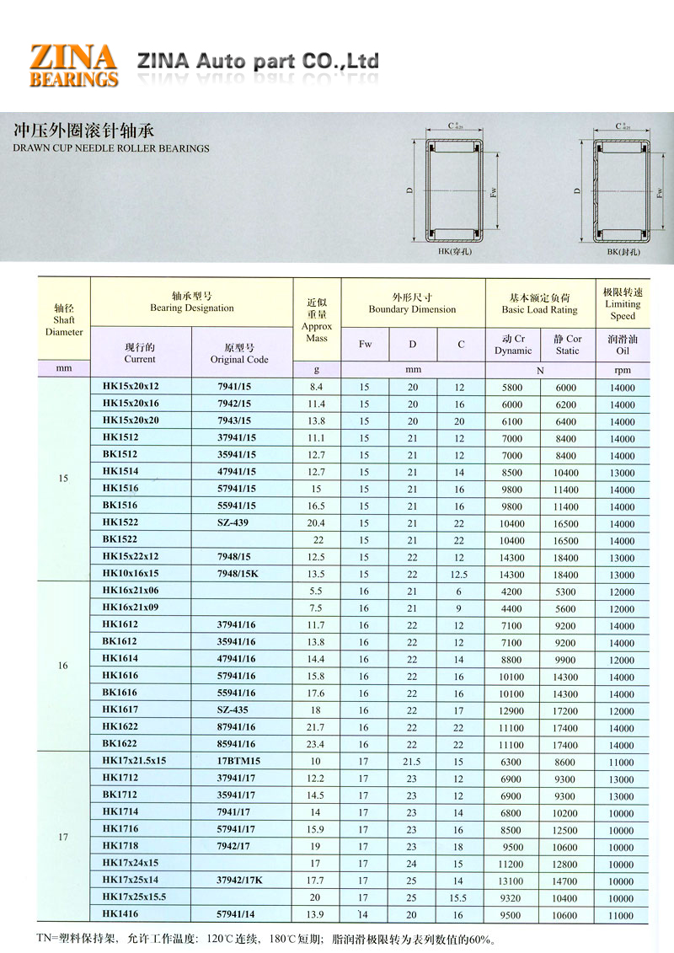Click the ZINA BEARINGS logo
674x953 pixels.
click(x=73, y=65)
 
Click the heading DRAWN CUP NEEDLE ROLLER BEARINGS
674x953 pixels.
click(x=111, y=148)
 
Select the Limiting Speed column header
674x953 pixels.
click(x=623, y=303)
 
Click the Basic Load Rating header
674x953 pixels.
click(x=539, y=303)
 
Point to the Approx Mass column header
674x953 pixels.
click(x=317, y=320)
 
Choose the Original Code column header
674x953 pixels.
click(x=239, y=353)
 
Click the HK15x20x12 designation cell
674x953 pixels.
click(x=131, y=388)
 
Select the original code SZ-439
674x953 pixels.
click(x=233, y=523)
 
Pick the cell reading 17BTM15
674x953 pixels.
click(x=238, y=761)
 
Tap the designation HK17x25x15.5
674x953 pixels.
click(x=134, y=897)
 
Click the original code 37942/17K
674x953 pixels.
click(x=240, y=880)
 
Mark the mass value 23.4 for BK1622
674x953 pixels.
click(x=317, y=744)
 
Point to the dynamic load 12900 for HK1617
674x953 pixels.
click(x=511, y=710)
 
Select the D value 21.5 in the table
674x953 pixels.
click(x=412, y=761)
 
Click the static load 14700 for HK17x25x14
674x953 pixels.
click(x=565, y=880)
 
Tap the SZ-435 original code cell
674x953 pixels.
click(x=233, y=710)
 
